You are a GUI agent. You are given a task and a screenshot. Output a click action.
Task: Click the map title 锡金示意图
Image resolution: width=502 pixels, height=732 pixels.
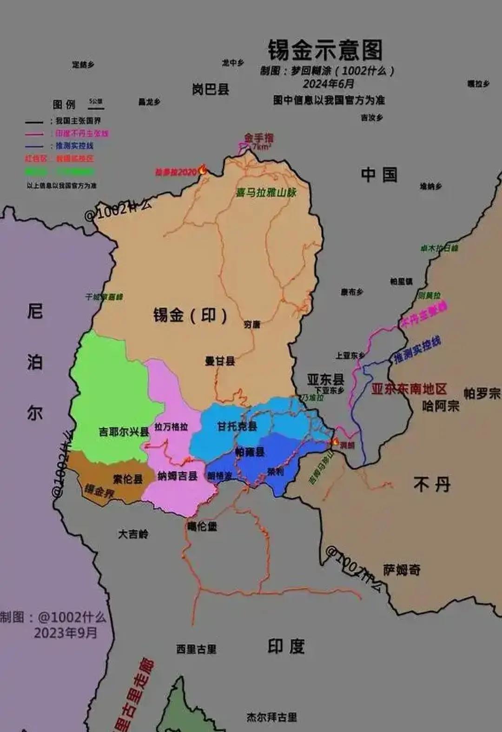(325, 50)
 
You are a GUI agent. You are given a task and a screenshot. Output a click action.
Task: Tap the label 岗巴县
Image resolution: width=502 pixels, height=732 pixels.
(211, 89)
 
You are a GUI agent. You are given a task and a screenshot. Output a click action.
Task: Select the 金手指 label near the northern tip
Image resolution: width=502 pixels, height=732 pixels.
(259, 138)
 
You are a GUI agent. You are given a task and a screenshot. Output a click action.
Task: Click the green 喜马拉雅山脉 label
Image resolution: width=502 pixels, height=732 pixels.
(266, 192)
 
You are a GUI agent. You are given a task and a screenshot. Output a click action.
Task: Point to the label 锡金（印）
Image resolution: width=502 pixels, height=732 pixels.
(191, 315)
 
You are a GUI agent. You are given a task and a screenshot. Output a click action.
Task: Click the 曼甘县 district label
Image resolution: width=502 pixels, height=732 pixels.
(220, 361)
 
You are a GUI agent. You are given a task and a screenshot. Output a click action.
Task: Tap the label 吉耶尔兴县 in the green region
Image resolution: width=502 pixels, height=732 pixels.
(124, 432)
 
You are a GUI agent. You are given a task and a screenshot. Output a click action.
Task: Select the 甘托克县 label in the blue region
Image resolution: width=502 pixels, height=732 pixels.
(237, 426)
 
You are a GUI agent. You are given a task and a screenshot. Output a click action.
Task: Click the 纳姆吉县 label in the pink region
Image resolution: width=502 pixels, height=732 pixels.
(177, 476)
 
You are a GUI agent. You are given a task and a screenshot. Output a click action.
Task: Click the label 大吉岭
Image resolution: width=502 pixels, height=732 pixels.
(133, 534)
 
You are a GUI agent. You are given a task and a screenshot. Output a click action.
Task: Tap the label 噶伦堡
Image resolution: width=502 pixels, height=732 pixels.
(202, 526)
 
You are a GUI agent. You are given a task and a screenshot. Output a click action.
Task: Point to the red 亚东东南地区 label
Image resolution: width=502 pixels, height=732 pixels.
(409, 389)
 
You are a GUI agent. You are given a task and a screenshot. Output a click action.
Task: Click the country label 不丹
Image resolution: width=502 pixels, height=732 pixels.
(432, 485)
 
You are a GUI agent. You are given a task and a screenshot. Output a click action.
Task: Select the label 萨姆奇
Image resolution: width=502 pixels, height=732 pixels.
(402, 570)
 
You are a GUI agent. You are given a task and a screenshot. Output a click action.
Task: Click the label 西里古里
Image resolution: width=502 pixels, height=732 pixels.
(196, 649)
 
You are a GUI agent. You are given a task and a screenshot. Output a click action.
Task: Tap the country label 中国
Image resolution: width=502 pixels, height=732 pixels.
(379, 175)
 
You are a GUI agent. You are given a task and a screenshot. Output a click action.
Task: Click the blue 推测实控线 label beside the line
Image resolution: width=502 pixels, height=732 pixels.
(417, 350)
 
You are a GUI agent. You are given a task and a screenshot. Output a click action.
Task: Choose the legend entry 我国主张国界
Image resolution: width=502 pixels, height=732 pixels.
(78, 121)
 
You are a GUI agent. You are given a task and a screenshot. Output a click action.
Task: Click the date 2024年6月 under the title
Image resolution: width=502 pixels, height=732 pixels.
(328, 84)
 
